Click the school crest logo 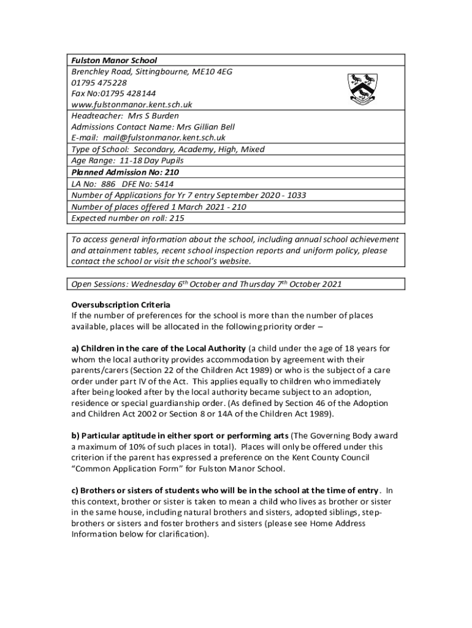tap(364, 88)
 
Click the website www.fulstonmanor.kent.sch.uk tap(132, 104)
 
